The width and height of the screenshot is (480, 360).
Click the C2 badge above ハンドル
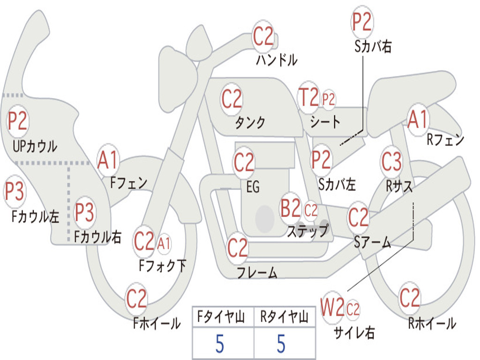point(263,37)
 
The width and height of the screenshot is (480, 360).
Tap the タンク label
point(250,123)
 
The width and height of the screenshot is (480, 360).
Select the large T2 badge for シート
point(308,98)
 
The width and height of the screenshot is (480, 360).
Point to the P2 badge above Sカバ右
point(362,22)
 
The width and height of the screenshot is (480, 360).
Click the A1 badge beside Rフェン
point(417,120)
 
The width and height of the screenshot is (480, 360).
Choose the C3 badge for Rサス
point(391,162)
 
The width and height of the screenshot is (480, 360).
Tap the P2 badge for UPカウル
point(18,121)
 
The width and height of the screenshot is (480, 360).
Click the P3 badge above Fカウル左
point(14,192)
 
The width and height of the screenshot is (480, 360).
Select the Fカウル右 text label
point(98,238)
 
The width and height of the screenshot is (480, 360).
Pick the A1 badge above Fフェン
point(108,160)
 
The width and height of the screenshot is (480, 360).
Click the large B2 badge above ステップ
point(291,208)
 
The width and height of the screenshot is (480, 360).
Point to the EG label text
point(253,187)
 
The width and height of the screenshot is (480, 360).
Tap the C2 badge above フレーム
point(238,247)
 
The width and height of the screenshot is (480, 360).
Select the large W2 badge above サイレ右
point(332,307)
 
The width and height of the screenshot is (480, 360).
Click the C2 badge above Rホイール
point(409,298)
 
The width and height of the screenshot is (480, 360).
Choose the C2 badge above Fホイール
point(136,299)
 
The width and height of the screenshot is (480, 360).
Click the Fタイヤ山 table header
point(222,318)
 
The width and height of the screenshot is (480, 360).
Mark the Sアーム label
point(373,242)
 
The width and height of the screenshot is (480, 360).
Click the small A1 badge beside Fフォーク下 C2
point(164,243)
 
